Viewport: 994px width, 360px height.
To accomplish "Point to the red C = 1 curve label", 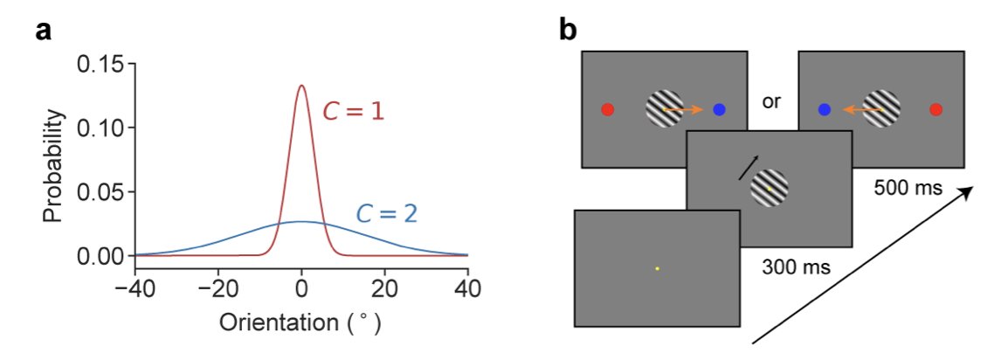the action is tap(354, 112).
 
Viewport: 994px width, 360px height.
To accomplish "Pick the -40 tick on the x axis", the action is tap(135, 286).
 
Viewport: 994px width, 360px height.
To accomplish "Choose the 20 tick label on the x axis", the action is tap(383, 286).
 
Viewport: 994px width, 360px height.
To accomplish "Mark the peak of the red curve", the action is tap(301, 86).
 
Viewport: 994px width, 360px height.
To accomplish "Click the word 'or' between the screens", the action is tap(771, 100).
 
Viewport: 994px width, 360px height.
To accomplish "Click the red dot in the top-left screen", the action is tap(608, 109).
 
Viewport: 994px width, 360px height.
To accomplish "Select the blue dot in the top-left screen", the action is tap(719, 109).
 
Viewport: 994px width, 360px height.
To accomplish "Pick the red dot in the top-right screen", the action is tap(935, 109).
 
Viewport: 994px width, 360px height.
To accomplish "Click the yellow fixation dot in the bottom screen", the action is tap(657, 268).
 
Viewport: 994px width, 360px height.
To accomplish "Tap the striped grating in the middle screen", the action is tap(770, 189).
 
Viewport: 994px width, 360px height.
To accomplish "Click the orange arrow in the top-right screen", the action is tap(861, 110).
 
